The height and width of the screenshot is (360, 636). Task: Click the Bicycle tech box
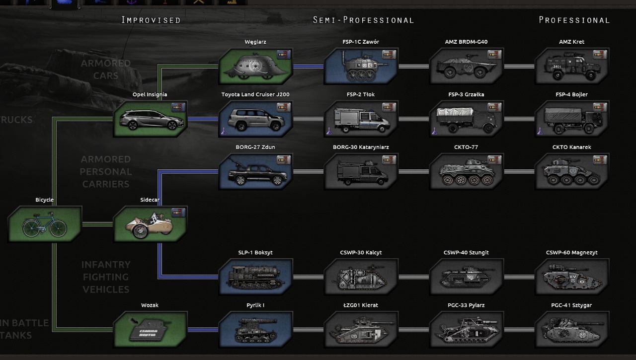(x=45, y=224)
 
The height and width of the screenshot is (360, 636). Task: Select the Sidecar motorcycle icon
(x=150, y=224)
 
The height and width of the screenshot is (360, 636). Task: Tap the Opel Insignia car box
(x=150, y=119)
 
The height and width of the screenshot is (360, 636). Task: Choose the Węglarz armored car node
(x=255, y=67)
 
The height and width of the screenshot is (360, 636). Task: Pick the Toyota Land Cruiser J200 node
(x=255, y=119)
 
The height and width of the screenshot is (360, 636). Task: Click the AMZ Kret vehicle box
(x=571, y=67)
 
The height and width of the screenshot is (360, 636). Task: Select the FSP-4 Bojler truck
(x=571, y=119)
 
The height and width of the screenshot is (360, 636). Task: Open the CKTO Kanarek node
(x=571, y=172)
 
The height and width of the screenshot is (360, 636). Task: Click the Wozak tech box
(x=150, y=330)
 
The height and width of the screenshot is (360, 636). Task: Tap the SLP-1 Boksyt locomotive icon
(x=255, y=277)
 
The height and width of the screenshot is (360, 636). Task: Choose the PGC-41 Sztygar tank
(x=571, y=330)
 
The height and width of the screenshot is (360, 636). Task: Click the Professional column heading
(x=574, y=20)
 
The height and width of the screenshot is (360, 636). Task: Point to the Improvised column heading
(x=151, y=20)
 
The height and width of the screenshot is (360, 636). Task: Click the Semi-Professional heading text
(x=363, y=20)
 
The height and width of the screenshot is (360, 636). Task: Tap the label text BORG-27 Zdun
(x=255, y=147)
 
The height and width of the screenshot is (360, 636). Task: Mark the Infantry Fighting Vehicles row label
(x=106, y=277)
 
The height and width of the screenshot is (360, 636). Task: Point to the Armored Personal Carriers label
(x=106, y=171)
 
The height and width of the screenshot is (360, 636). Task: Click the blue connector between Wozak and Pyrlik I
(x=203, y=330)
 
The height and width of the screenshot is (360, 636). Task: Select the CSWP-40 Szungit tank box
(x=466, y=277)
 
